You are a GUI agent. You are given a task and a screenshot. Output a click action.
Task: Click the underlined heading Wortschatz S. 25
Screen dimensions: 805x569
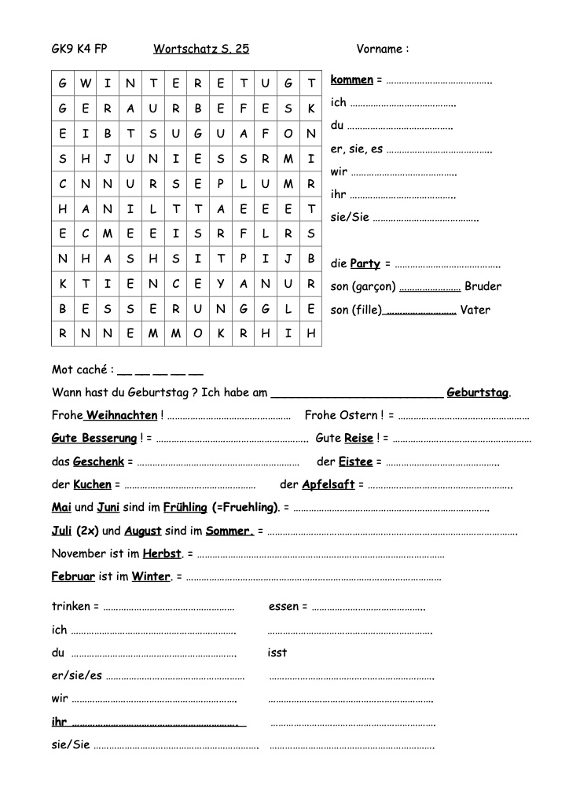[x=201, y=49]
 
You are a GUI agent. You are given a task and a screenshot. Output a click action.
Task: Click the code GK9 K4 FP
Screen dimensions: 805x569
[x=79, y=49]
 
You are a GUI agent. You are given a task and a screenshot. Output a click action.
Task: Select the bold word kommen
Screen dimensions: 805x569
[x=352, y=80]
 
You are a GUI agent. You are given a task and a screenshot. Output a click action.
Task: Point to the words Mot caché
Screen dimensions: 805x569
[x=80, y=369]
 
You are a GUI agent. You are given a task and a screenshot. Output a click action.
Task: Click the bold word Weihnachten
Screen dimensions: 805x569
[x=122, y=415]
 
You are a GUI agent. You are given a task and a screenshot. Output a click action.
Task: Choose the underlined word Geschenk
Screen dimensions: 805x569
[x=99, y=461]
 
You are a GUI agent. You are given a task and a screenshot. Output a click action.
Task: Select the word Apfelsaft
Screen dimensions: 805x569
[x=329, y=484]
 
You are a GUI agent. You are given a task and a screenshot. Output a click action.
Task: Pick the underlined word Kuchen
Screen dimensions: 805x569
[x=93, y=484]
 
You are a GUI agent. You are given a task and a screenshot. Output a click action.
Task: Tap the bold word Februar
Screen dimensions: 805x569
[x=73, y=576]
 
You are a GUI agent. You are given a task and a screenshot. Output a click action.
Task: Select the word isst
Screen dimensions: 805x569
[x=277, y=652]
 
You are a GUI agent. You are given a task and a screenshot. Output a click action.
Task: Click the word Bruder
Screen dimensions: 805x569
[x=483, y=286]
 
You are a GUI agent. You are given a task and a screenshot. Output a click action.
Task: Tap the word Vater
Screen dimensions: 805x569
[x=475, y=310]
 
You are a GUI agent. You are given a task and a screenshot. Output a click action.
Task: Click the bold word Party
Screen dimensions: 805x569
[x=365, y=263]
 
